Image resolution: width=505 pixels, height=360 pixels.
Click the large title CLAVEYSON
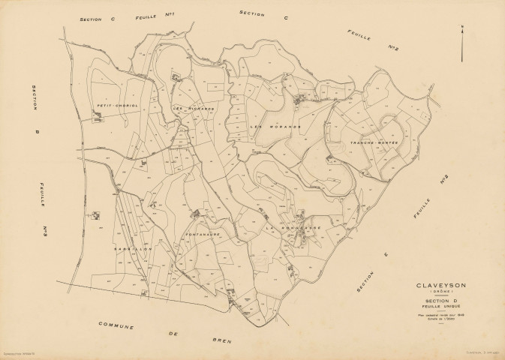tap(439, 286)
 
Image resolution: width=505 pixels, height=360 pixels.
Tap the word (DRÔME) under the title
tap(439, 293)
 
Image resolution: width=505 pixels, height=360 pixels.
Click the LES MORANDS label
tap(275, 127)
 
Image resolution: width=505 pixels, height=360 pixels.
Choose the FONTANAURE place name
tap(201, 235)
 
